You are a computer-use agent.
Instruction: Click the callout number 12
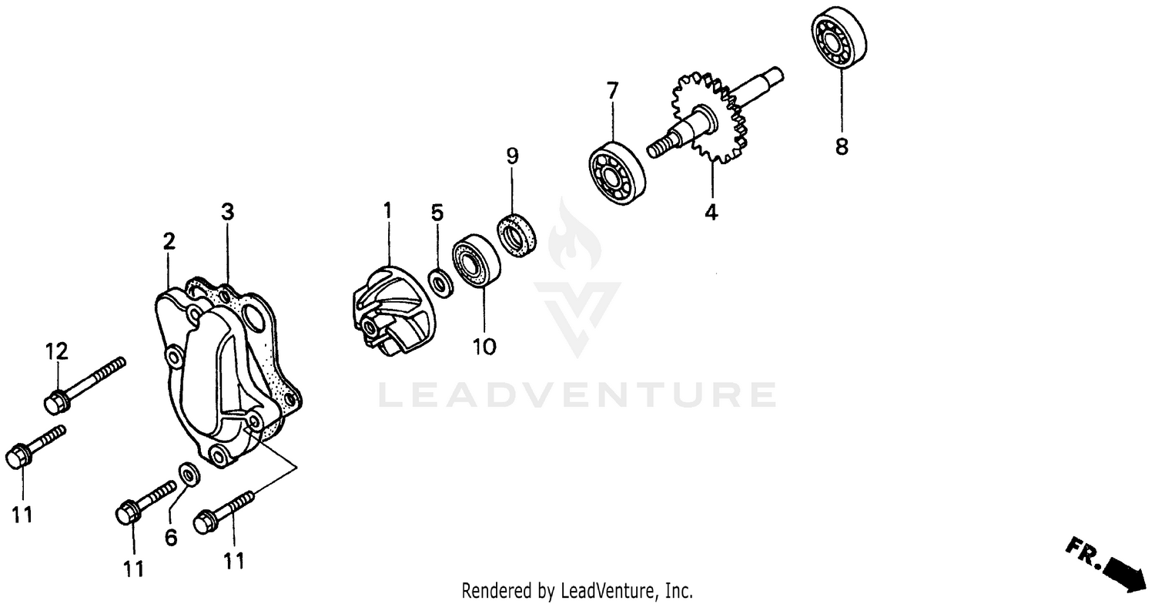tap(57, 352)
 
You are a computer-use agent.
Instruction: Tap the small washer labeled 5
tap(441, 283)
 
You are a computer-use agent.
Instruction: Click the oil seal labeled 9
tap(517, 233)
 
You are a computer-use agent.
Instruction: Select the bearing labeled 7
tap(617, 173)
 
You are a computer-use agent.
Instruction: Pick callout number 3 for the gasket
tap(227, 212)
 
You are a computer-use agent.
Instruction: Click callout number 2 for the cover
tap(169, 242)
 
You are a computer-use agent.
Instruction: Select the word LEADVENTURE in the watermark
tap(577, 394)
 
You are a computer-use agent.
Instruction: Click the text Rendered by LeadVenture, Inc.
tap(577, 591)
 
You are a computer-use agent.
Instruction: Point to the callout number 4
tap(711, 213)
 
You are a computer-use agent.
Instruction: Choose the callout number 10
tap(484, 347)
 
